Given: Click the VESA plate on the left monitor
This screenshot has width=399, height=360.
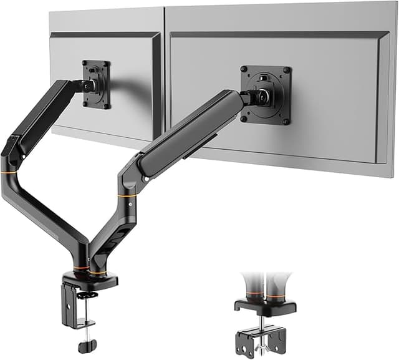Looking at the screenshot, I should (x=97, y=84).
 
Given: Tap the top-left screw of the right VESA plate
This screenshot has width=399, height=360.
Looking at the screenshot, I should (x=245, y=69).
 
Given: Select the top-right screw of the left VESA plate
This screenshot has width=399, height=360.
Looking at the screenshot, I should (x=107, y=63).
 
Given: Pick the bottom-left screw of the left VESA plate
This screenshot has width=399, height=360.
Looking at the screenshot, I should (x=85, y=104).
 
